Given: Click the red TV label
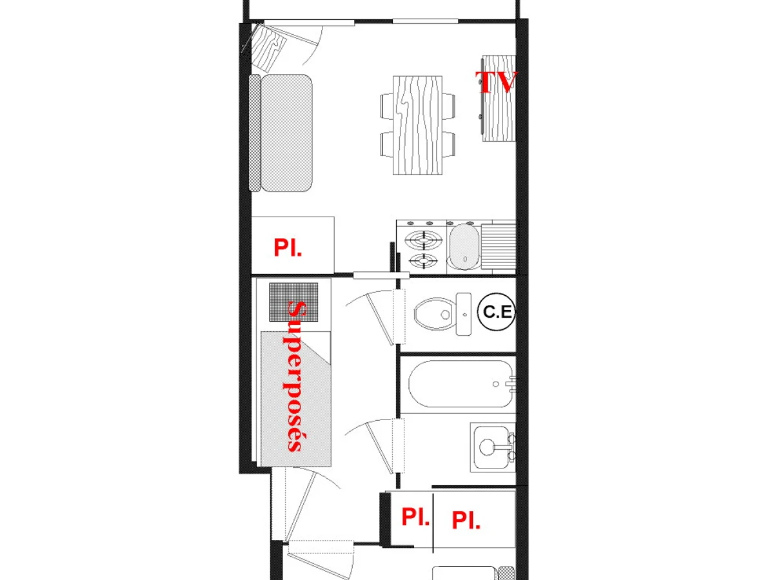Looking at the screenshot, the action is (x=497, y=82).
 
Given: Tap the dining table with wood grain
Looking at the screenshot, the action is (x=417, y=125).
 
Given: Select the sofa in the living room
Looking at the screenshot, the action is (x=281, y=133).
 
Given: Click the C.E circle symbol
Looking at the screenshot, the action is (x=497, y=312).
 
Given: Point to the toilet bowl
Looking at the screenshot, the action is (x=435, y=313).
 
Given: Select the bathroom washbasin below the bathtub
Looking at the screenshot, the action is (x=491, y=447).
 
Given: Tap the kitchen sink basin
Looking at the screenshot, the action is (x=464, y=247).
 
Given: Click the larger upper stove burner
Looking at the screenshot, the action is (x=423, y=241).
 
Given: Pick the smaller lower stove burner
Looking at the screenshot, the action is (x=423, y=261).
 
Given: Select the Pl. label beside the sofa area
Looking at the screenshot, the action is (x=288, y=247).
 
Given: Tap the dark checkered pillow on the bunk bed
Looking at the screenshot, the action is (x=293, y=302).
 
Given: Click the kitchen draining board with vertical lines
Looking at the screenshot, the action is (x=499, y=247).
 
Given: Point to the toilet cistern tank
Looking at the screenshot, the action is (x=463, y=314).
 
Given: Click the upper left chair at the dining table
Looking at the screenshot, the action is (x=387, y=106).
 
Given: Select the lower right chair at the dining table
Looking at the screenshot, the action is (x=448, y=144).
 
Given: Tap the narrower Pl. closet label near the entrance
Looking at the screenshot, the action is (x=415, y=517).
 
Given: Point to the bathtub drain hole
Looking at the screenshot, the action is (x=496, y=384).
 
